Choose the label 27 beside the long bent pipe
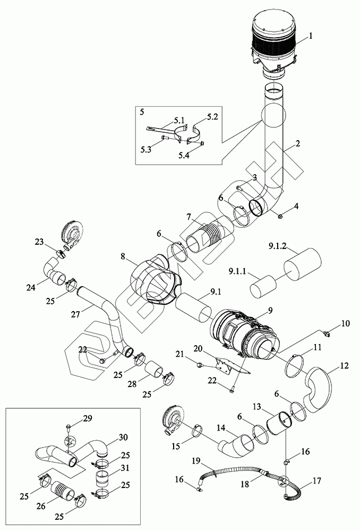click(75, 314)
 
